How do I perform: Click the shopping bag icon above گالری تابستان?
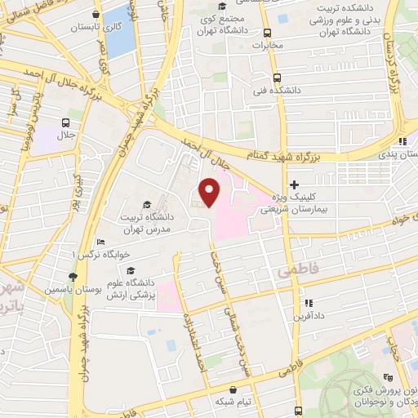[96, 14]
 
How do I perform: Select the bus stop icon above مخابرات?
[268, 33]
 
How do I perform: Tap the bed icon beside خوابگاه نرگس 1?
[100, 242]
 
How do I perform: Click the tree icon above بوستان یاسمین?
[73, 277]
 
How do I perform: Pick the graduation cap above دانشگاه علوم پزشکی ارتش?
[131, 270]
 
